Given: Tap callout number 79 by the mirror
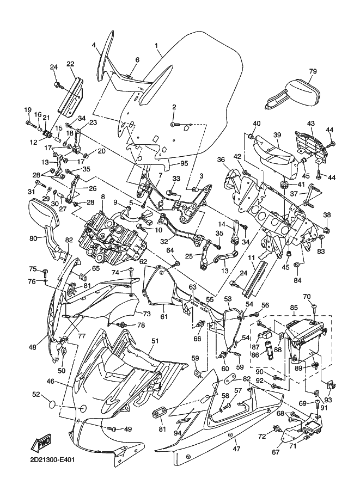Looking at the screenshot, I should point(313,71).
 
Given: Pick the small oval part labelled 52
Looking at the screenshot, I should point(52,404).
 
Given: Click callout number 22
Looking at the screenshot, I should point(70,64).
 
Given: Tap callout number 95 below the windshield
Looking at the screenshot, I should point(184,163).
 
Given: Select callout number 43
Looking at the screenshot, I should point(311,124).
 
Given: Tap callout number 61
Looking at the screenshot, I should point(163,316).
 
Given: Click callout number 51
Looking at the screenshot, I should point(155,341).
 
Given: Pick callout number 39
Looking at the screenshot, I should point(277,135).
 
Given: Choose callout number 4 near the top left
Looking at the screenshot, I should point(94,46).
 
